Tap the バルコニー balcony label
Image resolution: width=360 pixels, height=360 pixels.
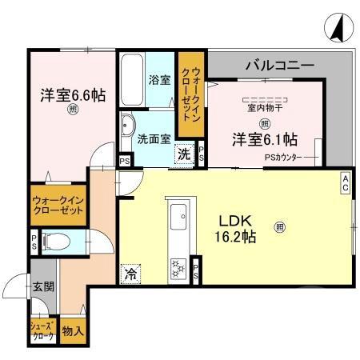[x=279, y=63]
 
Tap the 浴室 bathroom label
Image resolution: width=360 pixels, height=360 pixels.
[x=159, y=79]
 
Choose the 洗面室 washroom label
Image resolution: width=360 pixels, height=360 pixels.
[x=153, y=138]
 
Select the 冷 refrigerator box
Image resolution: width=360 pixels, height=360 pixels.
[x=130, y=274]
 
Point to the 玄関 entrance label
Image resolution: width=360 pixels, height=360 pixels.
[x=43, y=287]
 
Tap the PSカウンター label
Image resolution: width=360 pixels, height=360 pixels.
[x=282, y=158]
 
